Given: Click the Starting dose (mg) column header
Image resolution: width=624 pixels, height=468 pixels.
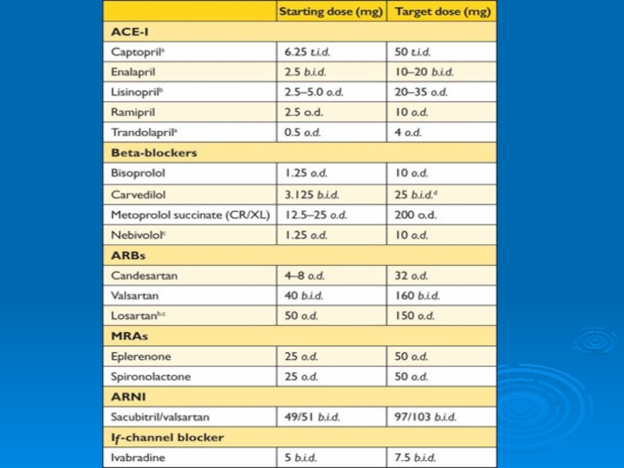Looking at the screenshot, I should click(x=330, y=12).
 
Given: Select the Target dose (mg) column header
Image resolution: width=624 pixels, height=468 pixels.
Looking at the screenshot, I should click(x=442, y=12).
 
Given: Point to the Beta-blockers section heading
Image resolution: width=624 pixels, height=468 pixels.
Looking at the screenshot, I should click(x=154, y=152).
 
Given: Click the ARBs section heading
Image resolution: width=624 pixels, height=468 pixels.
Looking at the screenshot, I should click(x=128, y=255).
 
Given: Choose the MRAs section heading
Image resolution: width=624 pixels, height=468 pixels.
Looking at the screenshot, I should click(x=129, y=336).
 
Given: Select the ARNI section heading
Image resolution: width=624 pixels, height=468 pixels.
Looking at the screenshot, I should click(x=129, y=396).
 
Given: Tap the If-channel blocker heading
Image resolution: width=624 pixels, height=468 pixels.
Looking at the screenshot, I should click(x=167, y=437).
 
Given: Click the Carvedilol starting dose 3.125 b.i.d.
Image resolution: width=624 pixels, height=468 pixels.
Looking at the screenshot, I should click(x=311, y=194).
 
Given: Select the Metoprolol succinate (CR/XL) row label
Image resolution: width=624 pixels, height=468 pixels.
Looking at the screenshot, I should click(x=190, y=214).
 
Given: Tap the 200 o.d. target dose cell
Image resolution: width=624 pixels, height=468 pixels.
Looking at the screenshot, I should click(x=416, y=214).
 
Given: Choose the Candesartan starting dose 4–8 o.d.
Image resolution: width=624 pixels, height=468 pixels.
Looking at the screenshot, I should click(x=305, y=275).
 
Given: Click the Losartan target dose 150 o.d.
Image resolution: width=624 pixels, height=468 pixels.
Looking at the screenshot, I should click(x=414, y=316).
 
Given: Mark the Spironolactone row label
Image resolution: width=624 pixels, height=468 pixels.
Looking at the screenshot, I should click(x=151, y=377).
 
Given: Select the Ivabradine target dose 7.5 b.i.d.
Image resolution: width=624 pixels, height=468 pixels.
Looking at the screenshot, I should click(x=415, y=458).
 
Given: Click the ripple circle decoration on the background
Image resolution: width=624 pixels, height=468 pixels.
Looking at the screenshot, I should click(x=594, y=341).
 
